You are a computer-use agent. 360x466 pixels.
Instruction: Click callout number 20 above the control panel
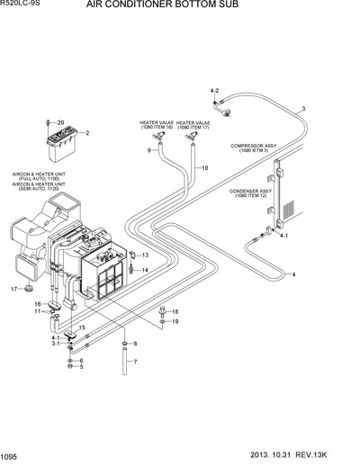[x=61, y=122]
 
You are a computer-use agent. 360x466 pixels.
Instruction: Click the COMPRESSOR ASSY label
[x=253, y=148]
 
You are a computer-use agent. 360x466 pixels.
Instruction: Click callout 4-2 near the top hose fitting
[x=214, y=92]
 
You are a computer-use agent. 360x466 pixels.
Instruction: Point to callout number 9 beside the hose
[x=149, y=150]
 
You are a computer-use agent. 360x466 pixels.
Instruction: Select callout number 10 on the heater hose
[x=204, y=168]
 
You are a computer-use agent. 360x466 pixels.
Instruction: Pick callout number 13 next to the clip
[x=145, y=256]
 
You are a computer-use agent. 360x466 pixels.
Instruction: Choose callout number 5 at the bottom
[x=82, y=367]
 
